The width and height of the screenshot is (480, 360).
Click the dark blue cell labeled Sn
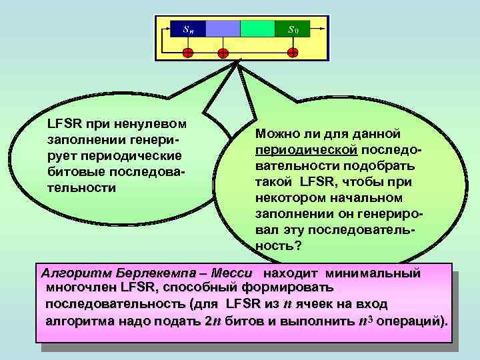[x=189, y=29]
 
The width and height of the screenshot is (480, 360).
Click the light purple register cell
[x=223, y=29]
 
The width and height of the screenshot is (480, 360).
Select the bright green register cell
[x=257, y=29]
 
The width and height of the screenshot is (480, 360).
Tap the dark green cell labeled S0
[x=292, y=29]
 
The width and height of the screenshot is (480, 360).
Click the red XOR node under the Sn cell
[x=189, y=53]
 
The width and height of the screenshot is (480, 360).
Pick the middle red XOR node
[x=223, y=53]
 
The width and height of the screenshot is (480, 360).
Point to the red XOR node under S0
[x=292, y=53]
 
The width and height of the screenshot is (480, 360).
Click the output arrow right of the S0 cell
[x=319, y=29]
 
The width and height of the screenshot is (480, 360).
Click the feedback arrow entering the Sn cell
[x=167, y=29]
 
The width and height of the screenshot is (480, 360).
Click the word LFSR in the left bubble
[x=62, y=125]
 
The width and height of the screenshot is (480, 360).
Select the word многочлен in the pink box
[x=77, y=288]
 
